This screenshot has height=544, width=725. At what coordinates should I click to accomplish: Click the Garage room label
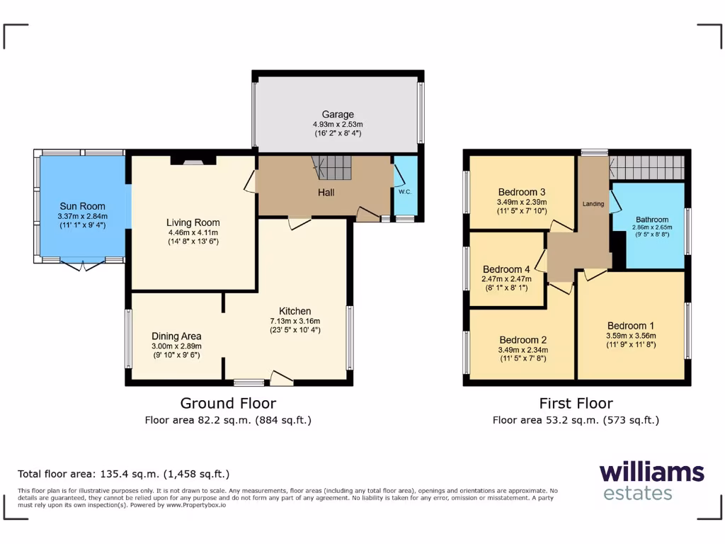tap(338, 115)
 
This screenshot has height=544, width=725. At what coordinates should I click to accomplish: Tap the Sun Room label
tap(82, 206)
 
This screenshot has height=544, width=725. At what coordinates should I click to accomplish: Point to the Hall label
tap(326, 193)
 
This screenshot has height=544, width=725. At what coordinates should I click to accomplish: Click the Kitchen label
tap(295, 311)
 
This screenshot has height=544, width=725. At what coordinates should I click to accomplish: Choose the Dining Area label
tap(176, 336)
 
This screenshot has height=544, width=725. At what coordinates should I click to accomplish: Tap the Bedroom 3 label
tap(521, 192)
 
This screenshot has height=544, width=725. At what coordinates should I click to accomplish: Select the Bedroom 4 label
tap(506, 269)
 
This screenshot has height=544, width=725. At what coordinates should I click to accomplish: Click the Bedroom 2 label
tap(523, 339)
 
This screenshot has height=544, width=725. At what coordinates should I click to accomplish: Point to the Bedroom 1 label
tap(631, 326)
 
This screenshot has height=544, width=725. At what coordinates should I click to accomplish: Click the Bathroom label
tap(651, 220)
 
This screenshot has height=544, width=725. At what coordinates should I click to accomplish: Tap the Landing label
tap(593, 204)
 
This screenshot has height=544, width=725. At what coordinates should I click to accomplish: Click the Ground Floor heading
tap(228, 403)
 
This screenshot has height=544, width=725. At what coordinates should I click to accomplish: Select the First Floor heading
tap(576, 403)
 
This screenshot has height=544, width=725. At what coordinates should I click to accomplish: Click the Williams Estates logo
tap(651, 481)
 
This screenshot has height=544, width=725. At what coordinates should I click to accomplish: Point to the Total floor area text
tap(123, 474)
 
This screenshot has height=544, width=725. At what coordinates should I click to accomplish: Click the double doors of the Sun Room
tap(82, 265)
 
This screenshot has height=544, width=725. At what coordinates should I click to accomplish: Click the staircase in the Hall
tap(333, 168)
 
